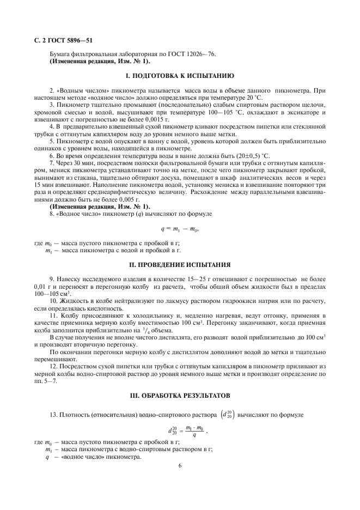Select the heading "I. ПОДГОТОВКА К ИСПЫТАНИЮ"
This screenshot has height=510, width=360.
pyautogui.click(x=180, y=75)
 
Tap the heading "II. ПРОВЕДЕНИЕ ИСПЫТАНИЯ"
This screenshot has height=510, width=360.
pyautogui.click(x=180, y=265)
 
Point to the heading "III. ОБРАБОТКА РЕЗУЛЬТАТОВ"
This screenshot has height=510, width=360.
pyautogui.click(x=180, y=394)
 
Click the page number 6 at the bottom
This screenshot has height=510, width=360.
pyautogui.click(x=180, y=466)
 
